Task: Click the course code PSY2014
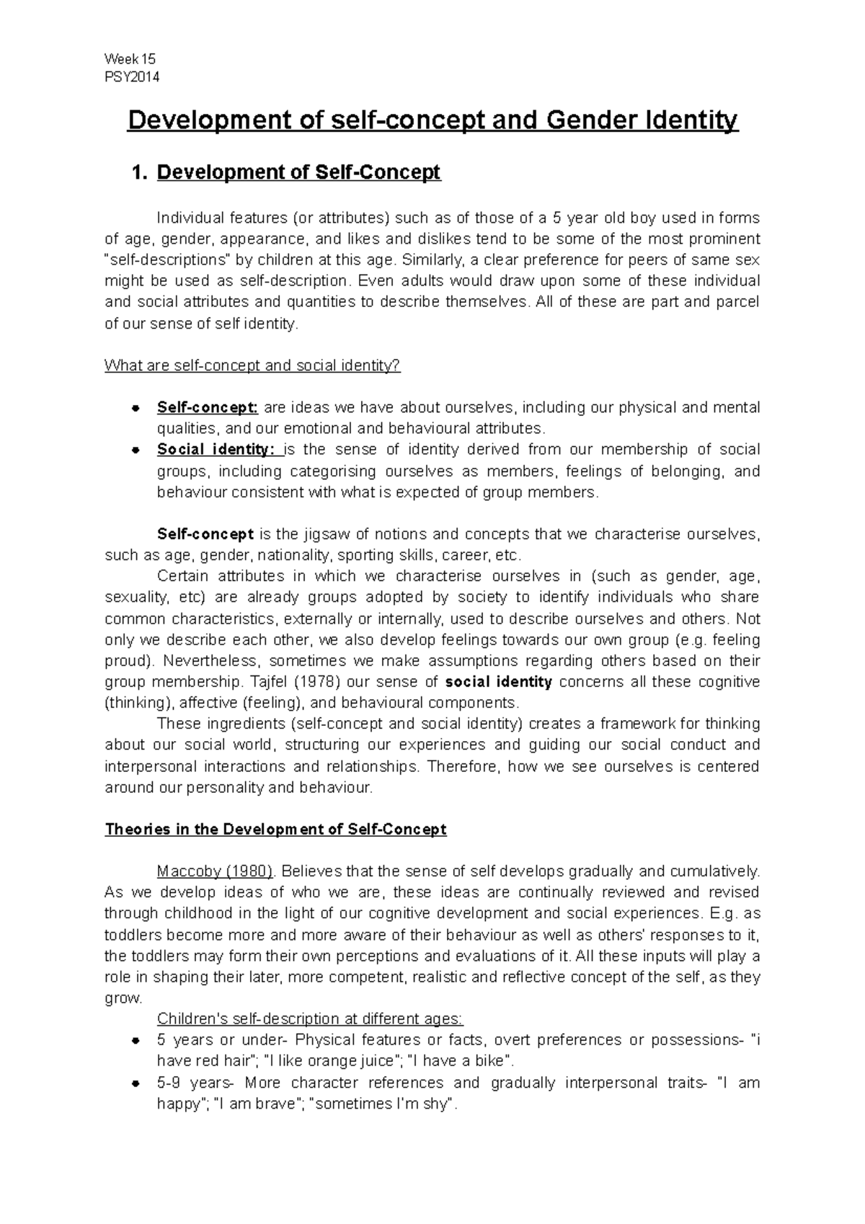(x=132, y=77)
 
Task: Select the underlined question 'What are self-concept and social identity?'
(x=252, y=365)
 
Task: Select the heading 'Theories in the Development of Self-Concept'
(x=275, y=829)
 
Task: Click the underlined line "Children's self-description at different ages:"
(x=310, y=1019)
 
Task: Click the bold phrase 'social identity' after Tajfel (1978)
(x=499, y=682)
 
